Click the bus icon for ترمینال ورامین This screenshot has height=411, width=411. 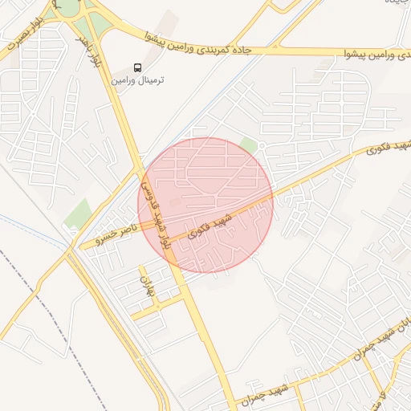137,68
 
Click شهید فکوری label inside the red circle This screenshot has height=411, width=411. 210,226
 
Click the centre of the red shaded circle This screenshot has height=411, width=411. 205,205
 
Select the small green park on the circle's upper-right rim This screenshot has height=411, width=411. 250,145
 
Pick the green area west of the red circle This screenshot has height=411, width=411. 79,214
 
